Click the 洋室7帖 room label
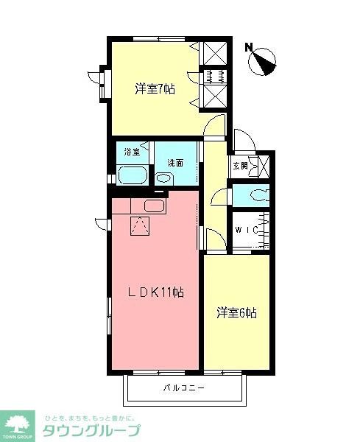click(x=154, y=90)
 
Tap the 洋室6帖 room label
click(x=236, y=312)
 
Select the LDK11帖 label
click(x=157, y=292)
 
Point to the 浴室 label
click(x=132, y=152)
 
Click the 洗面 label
click(x=174, y=162)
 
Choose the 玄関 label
click(x=241, y=166)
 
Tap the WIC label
click(x=245, y=230)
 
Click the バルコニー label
click(x=183, y=387)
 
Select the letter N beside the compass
click(x=250, y=49)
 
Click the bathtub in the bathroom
click(x=133, y=176)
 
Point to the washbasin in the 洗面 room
click(x=163, y=178)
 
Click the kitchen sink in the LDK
click(x=154, y=206)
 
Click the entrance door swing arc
click(x=242, y=138)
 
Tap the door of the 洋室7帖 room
click(x=214, y=127)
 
